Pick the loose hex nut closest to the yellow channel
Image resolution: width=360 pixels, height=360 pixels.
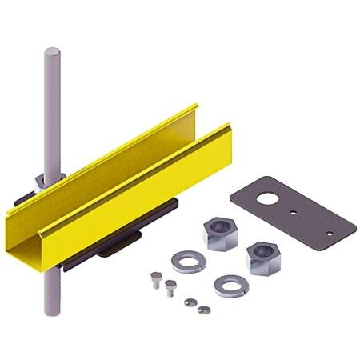coord(218,233)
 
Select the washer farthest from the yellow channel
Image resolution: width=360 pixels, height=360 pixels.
coord(232,284)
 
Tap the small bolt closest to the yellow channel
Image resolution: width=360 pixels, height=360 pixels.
coord(155,278)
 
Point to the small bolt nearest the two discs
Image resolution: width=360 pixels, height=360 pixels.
coord(170,287)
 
